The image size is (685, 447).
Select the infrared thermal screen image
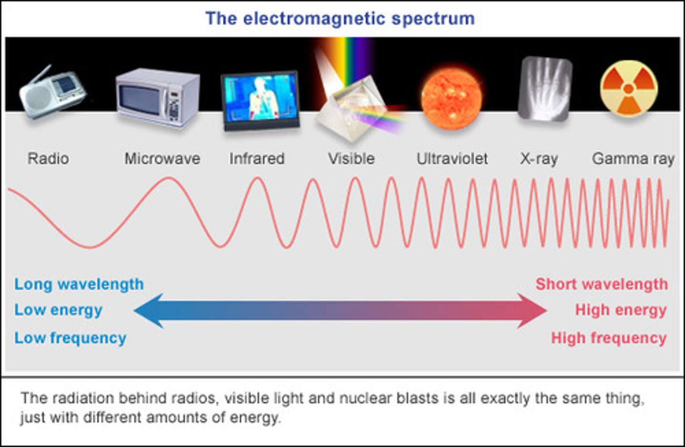pyautogui.click(x=261, y=100)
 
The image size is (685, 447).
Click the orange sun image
pyautogui.click(x=451, y=98)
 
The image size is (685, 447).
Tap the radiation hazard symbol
pyautogui.click(x=628, y=88)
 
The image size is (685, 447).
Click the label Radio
pyautogui.click(x=48, y=158)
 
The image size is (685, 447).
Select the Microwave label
pyautogui.click(x=162, y=158)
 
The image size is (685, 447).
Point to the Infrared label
pyautogui.click(x=257, y=158)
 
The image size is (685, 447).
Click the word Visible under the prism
pyautogui.click(x=352, y=158)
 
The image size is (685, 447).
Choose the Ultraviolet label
pyautogui.click(x=452, y=158)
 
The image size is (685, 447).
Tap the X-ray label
pyautogui.click(x=538, y=158)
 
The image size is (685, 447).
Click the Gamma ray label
pyautogui.click(x=633, y=159)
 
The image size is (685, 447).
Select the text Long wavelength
pyautogui.click(x=79, y=284)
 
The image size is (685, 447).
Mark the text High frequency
pyautogui.click(x=609, y=338)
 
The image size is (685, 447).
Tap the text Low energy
pyautogui.click(x=58, y=310)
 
